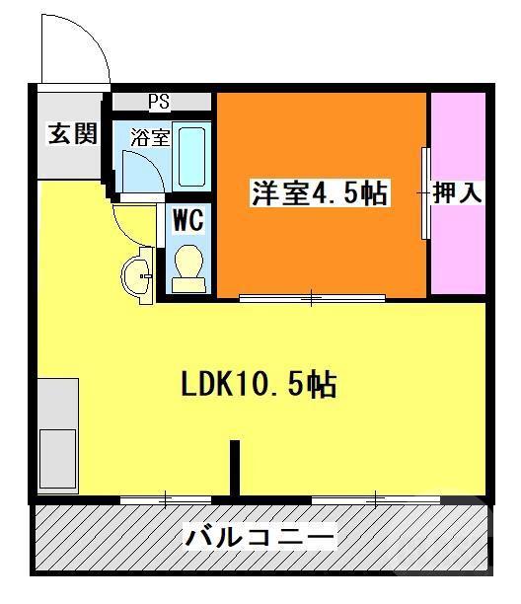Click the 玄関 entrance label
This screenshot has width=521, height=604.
[x=73, y=134]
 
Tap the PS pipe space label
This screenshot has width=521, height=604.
[x=159, y=101]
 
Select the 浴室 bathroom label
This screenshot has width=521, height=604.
[x=150, y=137]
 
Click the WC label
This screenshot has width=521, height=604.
[x=188, y=220]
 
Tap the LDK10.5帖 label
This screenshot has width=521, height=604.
[x=259, y=383]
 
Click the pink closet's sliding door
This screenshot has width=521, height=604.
[x=425, y=193]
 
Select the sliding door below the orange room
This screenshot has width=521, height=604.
[x=312, y=297]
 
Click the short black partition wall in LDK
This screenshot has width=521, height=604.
[x=235, y=468]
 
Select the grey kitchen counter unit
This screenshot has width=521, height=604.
[x=57, y=434]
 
